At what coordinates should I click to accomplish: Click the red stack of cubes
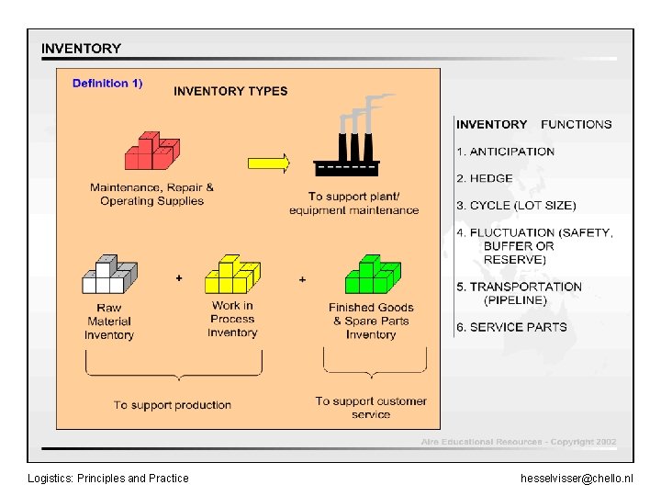(151, 151)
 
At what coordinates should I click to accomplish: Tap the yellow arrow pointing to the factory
(269, 163)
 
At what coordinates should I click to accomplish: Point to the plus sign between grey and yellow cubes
(179, 277)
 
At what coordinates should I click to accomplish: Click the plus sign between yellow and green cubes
(302, 278)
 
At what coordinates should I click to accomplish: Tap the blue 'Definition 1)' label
(107, 84)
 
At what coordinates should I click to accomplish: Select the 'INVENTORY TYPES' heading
(230, 91)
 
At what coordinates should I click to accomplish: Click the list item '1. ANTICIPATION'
(506, 152)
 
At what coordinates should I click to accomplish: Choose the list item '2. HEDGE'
(485, 178)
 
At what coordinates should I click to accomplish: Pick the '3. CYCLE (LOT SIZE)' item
(517, 206)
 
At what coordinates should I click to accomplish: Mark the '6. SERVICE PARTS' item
(512, 327)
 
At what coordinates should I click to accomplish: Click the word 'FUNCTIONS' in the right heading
(576, 124)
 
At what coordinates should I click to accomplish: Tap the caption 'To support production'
(173, 405)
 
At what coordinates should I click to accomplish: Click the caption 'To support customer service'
(371, 408)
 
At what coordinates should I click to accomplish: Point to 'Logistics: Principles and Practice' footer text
(108, 479)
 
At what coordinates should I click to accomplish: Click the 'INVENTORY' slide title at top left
(81, 49)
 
